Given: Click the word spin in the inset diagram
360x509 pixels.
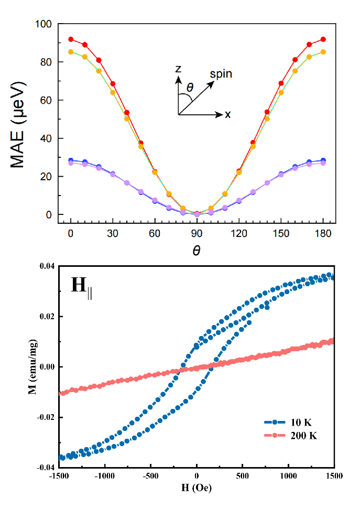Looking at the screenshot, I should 221,74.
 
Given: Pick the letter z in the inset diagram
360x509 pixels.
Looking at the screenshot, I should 178,69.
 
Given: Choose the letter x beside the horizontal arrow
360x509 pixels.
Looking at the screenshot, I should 228,114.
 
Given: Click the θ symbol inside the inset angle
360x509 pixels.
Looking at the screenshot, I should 190,88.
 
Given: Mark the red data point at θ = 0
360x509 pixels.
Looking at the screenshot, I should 71,39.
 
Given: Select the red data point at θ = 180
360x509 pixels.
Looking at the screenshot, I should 323,39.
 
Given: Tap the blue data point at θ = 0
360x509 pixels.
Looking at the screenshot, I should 71,160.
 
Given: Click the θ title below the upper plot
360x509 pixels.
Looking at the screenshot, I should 197,251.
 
